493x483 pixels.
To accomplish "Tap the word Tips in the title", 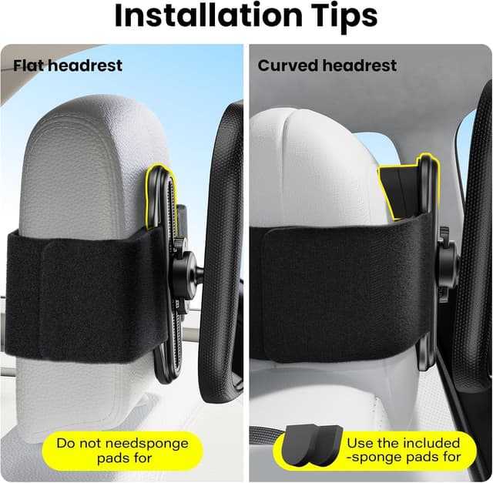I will coord(337,16).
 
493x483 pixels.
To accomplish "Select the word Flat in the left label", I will coord(28,65).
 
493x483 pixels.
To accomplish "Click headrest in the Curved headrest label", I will coord(359,65).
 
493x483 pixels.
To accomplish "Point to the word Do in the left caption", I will coord(65,444).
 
